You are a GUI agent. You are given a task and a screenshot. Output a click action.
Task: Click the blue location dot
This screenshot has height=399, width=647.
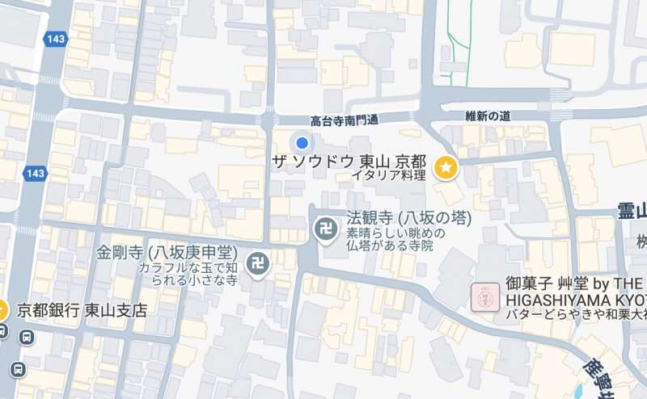pyautogui.click(x=302, y=144)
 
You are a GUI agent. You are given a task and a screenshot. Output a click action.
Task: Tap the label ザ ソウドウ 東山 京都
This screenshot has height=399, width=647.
pyautogui.click(x=349, y=162)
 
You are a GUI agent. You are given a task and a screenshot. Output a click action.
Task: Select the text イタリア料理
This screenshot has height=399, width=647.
pyautogui.click(x=388, y=175)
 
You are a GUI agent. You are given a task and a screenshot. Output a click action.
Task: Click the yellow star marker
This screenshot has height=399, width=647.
pyautogui.click(x=445, y=168)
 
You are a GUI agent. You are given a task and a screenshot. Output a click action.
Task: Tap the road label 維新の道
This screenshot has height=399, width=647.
pyautogui.click(x=488, y=115)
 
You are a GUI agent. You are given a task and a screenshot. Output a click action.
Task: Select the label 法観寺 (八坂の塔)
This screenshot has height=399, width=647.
pyautogui.click(x=408, y=218)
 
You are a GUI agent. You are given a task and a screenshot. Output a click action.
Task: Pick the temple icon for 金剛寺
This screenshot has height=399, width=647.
pyautogui.click(x=258, y=264)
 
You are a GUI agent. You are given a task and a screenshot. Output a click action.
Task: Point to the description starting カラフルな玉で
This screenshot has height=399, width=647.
pyautogui.click(x=187, y=273)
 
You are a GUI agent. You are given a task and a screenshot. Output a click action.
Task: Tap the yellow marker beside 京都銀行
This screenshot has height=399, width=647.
pyautogui.click(x=2, y=309)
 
